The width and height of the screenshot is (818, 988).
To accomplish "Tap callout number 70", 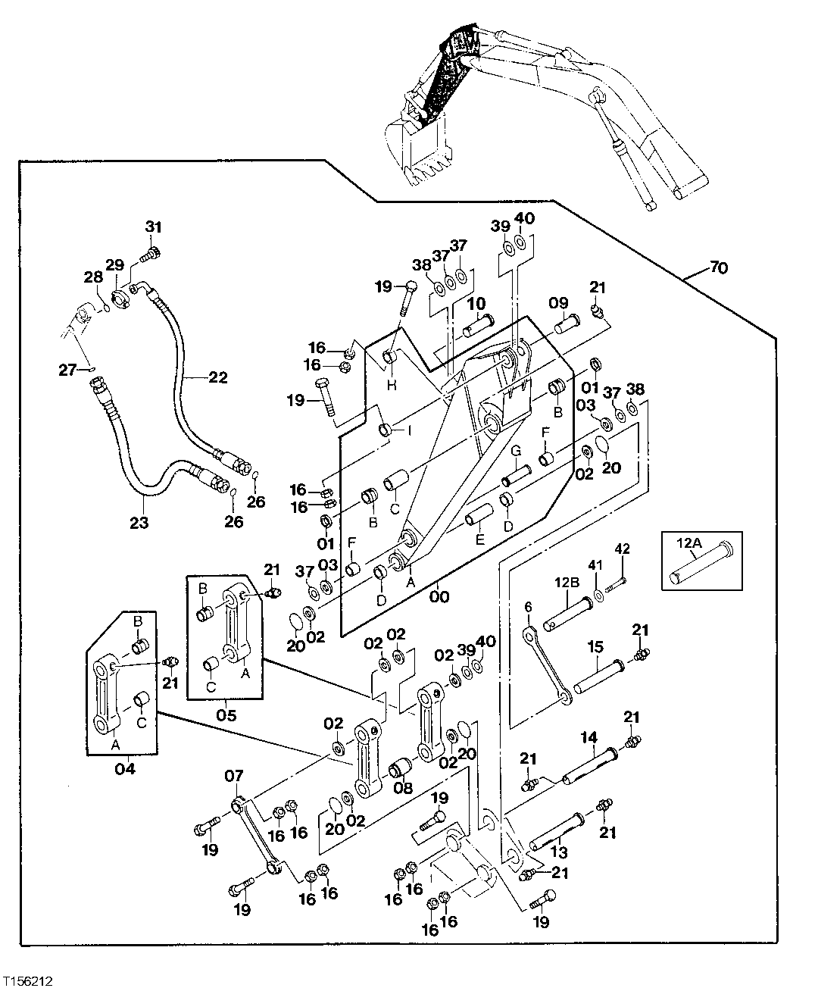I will (720, 267).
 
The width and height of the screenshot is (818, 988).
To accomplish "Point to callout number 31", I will (154, 227).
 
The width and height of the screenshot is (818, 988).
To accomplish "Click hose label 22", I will (217, 377).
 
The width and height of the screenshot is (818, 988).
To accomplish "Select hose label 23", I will (139, 521).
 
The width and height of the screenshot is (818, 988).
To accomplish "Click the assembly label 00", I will (439, 596).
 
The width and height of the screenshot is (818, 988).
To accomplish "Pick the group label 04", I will (124, 768).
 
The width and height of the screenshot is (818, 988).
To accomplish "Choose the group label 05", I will (226, 714).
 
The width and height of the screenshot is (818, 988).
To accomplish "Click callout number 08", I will (404, 788).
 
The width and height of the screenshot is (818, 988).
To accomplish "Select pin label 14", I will (589, 736).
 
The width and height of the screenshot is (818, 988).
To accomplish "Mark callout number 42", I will (622, 548).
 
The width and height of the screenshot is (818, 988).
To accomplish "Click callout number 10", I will (476, 304).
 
